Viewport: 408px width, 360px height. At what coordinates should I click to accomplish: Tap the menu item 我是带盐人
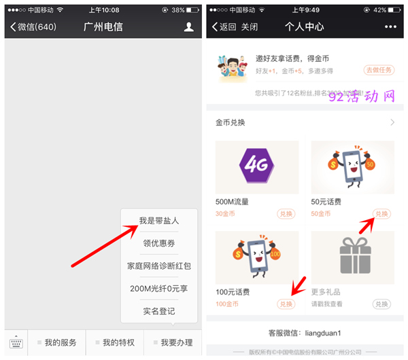(159, 221)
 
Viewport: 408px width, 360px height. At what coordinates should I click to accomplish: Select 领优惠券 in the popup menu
(159, 243)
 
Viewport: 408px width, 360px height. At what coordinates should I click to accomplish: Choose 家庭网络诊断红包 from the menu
(159, 266)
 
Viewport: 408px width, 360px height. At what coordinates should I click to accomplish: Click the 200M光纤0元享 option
(159, 288)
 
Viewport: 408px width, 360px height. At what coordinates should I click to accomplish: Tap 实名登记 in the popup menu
(159, 311)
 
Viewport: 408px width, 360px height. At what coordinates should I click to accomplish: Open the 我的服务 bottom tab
(57, 343)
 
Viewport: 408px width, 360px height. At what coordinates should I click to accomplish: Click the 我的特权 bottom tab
(115, 343)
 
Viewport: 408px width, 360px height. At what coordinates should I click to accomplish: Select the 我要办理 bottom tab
(173, 343)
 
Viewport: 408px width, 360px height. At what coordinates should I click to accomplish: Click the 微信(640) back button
(34, 27)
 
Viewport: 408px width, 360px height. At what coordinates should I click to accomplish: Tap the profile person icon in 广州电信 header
(189, 27)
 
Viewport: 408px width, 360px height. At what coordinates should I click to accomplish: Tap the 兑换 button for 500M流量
(286, 214)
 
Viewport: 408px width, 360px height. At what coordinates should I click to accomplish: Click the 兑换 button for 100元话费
(286, 304)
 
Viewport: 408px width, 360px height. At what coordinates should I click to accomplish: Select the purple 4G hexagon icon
(257, 166)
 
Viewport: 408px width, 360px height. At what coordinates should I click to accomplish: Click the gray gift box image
(353, 257)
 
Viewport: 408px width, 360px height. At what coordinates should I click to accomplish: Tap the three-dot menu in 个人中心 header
(390, 27)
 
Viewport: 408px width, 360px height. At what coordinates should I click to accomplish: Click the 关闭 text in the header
(250, 27)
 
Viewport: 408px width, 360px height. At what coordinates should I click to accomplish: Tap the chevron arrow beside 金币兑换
(392, 123)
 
